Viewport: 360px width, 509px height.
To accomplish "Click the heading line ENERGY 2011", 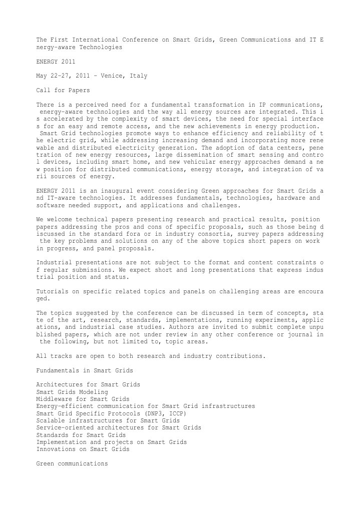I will pos(56,62).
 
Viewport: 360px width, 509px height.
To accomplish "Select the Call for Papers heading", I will pos(63,91).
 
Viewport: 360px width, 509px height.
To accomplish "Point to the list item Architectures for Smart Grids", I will pos(88,384).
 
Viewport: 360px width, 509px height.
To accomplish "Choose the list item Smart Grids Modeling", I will pos(72,391).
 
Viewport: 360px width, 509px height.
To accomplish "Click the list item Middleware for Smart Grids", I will pos(83,399).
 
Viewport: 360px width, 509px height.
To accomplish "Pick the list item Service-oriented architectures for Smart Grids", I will pos(119,428).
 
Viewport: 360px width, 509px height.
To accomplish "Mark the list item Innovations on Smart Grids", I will pos(83,449).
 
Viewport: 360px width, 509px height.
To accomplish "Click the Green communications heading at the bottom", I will pos(72,464).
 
